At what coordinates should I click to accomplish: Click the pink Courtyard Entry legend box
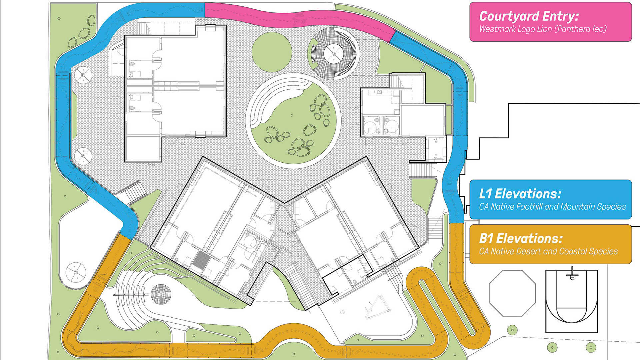click(x=550, y=22)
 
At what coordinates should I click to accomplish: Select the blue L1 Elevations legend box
click(x=550, y=199)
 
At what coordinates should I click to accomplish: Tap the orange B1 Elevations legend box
click(x=550, y=244)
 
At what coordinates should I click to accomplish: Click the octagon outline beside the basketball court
click(x=512, y=293)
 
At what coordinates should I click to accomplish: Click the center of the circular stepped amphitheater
click(x=334, y=53)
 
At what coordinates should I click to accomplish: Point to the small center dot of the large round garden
click(x=292, y=115)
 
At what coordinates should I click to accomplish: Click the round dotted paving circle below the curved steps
click(x=161, y=294)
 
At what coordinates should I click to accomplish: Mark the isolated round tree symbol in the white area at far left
click(x=76, y=272)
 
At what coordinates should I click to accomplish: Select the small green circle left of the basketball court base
click(x=512, y=330)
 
